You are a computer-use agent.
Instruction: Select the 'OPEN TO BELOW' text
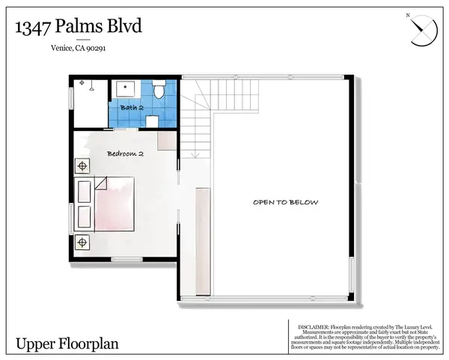coord(285,202)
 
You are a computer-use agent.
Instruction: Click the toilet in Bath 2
coord(158,91)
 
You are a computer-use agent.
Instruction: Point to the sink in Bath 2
coord(123,91)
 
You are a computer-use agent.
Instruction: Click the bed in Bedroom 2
coord(112,206)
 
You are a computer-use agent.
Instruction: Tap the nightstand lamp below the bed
coord(82,242)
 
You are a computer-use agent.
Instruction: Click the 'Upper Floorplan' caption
coord(60,344)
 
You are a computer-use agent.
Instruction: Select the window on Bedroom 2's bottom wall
coord(126,260)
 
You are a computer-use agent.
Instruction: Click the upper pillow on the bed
coord(82,191)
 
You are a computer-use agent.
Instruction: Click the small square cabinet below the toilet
coord(152,120)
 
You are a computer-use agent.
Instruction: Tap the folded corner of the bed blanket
coord(102,183)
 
